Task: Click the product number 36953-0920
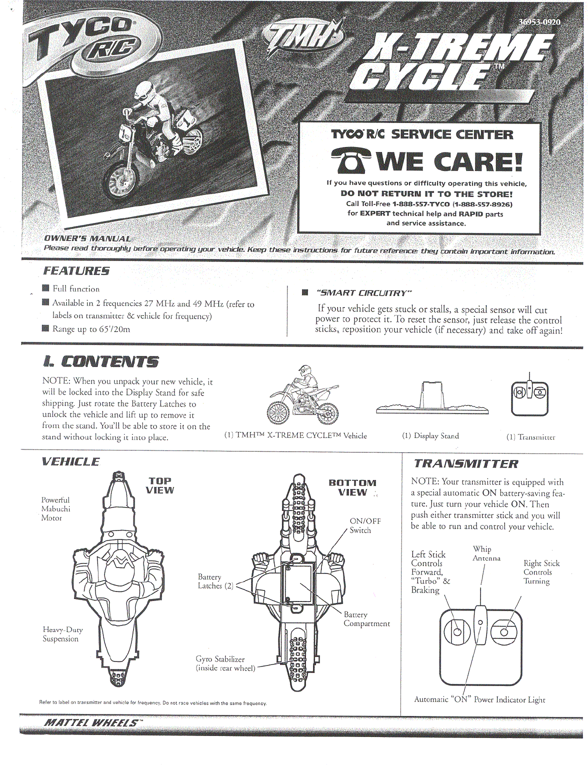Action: tap(539, 22)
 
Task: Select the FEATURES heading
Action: tap(76, 271)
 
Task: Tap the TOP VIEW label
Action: tap(160, 485)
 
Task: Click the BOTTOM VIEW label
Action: tap(352, 487)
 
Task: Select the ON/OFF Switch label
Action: tap(364, 525)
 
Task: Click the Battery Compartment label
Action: tap(366, 619)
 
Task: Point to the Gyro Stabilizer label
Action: tap(225, 663)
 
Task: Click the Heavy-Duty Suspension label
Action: tap(62, 634)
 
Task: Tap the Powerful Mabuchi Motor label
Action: tap(55, 508)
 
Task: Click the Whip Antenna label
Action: tap(486, 553)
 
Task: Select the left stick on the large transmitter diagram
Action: tap(457, 631)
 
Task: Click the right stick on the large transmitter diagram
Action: tap(504, 632)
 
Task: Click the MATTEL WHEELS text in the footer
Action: tap(91, 722)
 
